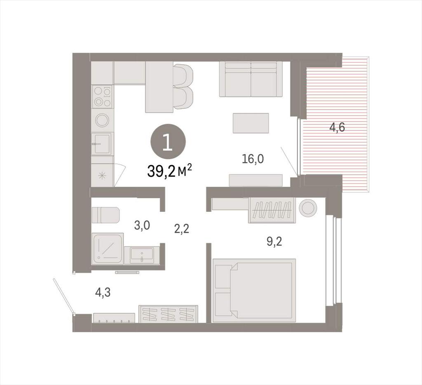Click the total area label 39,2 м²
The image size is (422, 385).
169,171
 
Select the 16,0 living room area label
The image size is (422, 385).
253,159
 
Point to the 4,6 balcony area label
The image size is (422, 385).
337,127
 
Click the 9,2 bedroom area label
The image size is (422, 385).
274,242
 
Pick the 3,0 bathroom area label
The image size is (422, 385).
142,225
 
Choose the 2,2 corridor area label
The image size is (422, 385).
182,229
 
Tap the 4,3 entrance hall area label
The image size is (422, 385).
103,292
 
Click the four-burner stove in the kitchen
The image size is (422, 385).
102,96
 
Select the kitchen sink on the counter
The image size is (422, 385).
101,144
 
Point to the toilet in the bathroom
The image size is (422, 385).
105,215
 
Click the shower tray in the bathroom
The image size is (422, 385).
108,249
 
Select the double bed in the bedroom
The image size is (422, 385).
254,290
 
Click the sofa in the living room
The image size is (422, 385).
251,79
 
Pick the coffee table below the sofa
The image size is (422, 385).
251,123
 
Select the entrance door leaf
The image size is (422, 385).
63,296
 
